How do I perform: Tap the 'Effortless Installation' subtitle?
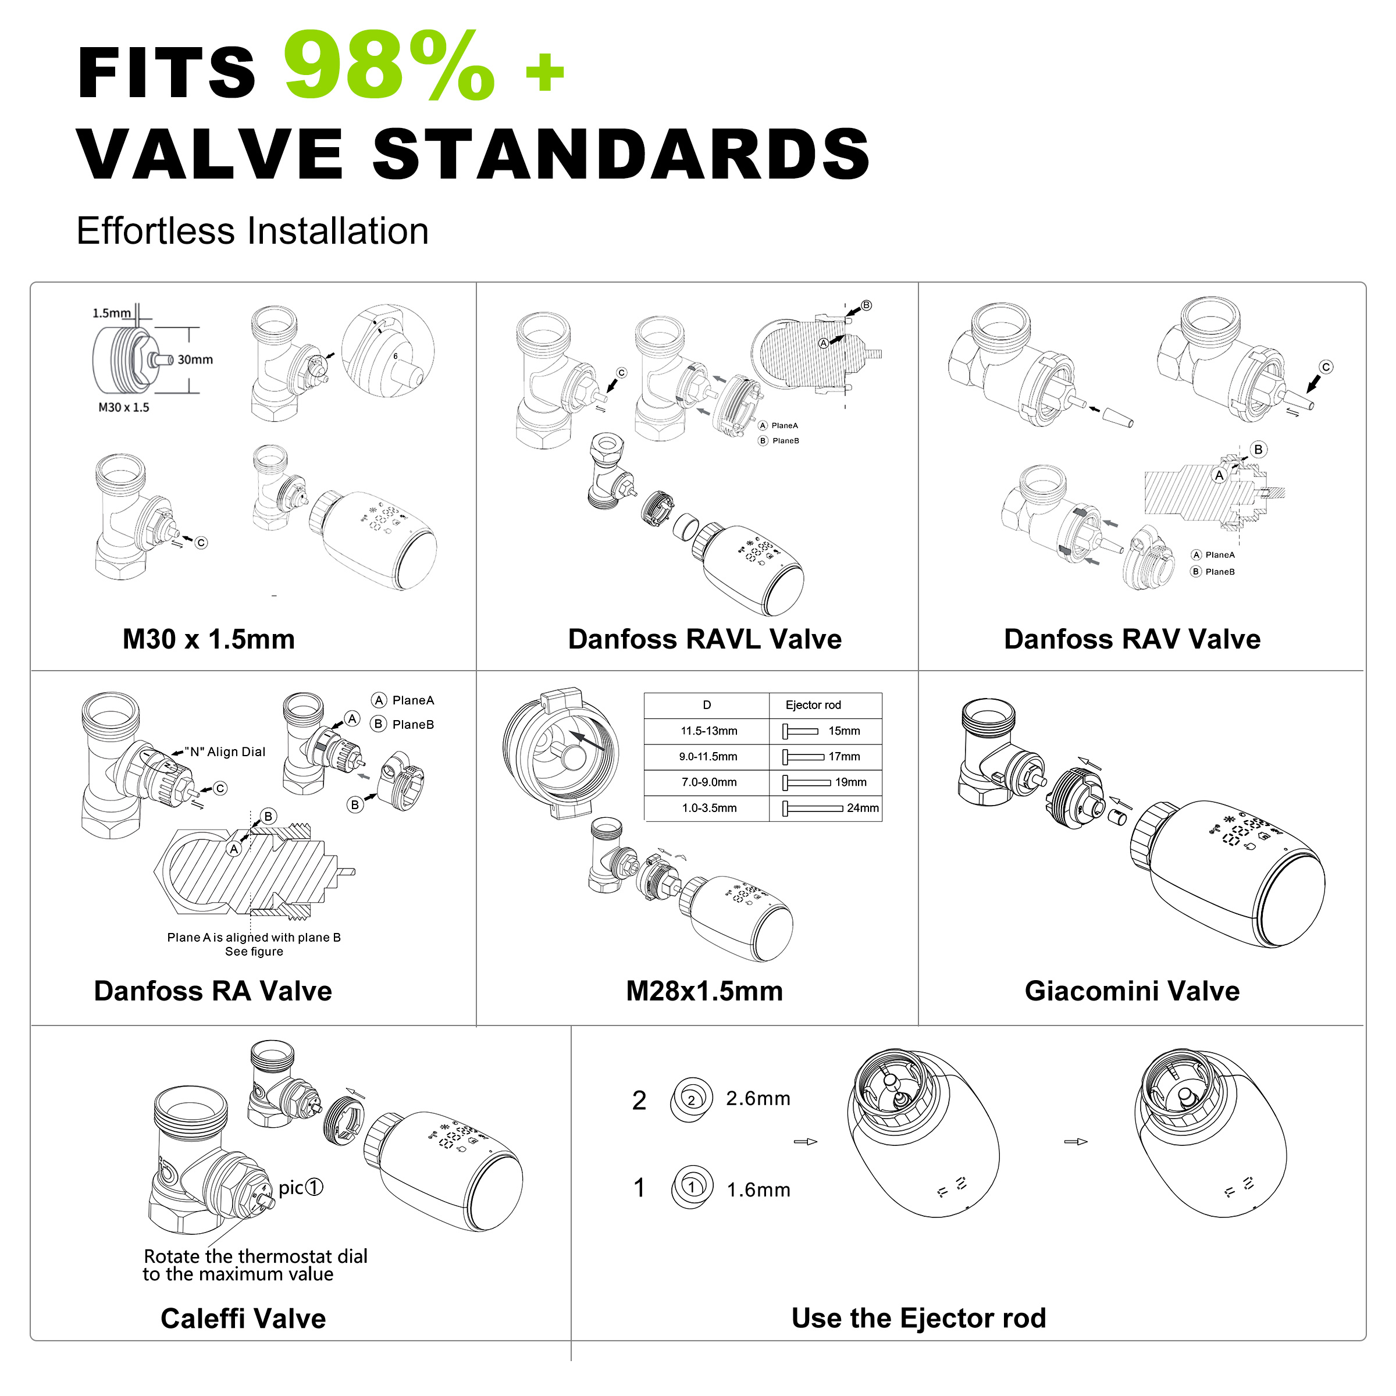(252, 232)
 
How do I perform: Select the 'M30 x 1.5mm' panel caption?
(209, 639)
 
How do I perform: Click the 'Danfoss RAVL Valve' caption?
(704, 639)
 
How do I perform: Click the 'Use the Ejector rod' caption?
(918, 1318)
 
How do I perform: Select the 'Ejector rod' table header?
(813, 705)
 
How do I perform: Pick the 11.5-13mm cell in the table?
(709, 731)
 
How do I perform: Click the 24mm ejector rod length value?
(863, 808)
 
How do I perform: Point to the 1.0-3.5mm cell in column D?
(709, 808)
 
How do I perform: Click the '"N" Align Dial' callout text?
(225, 752)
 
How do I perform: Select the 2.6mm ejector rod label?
(758, 1098)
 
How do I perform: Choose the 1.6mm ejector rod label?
(758, 1190)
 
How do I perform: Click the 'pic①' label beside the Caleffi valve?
(301, 1188)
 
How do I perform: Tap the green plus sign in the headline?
(545, 73)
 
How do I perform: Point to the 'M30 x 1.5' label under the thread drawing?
(123, 408)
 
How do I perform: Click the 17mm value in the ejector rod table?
(844, 757)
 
